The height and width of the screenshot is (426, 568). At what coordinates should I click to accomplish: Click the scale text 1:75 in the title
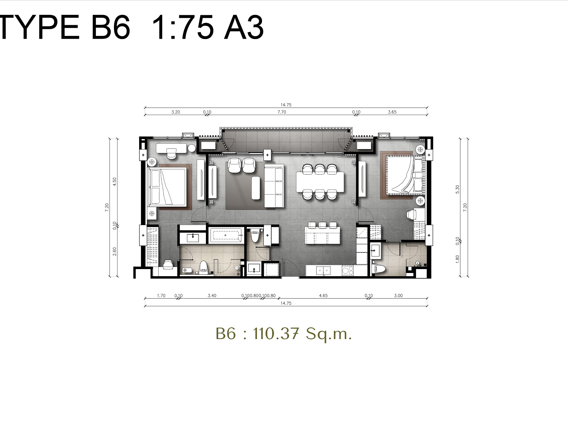tap(183, 27)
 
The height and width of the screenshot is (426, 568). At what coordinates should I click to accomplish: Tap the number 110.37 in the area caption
tap(276, 333)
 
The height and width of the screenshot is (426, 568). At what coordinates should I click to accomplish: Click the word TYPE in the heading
tap(39, 27)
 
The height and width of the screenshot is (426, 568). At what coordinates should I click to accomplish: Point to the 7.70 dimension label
tap(282, 112)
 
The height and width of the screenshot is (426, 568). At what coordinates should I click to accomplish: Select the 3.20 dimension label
tap(175, 112)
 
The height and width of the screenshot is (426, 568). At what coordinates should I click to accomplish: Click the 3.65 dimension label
tap(392, 112)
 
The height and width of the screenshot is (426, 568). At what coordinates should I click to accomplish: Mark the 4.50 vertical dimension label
tap(115, 181)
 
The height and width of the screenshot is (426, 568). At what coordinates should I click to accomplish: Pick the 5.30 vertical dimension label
tap(458, 189)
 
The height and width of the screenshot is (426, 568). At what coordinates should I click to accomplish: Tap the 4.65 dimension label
tap(323, 295)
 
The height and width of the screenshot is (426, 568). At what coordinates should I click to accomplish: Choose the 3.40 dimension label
tap(212, 295)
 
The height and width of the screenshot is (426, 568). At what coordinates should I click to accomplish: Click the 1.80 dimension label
tap(458, 259)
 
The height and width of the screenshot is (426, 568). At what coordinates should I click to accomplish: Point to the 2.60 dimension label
tap(115, 251)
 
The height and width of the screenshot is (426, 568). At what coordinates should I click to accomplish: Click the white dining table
tap(320, 181)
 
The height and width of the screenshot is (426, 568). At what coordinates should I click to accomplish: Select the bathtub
tap(226, 235)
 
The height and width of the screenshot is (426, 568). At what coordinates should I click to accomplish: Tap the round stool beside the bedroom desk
tap(192, 148)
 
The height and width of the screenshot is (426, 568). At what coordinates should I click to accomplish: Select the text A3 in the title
tap(244, 27)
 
